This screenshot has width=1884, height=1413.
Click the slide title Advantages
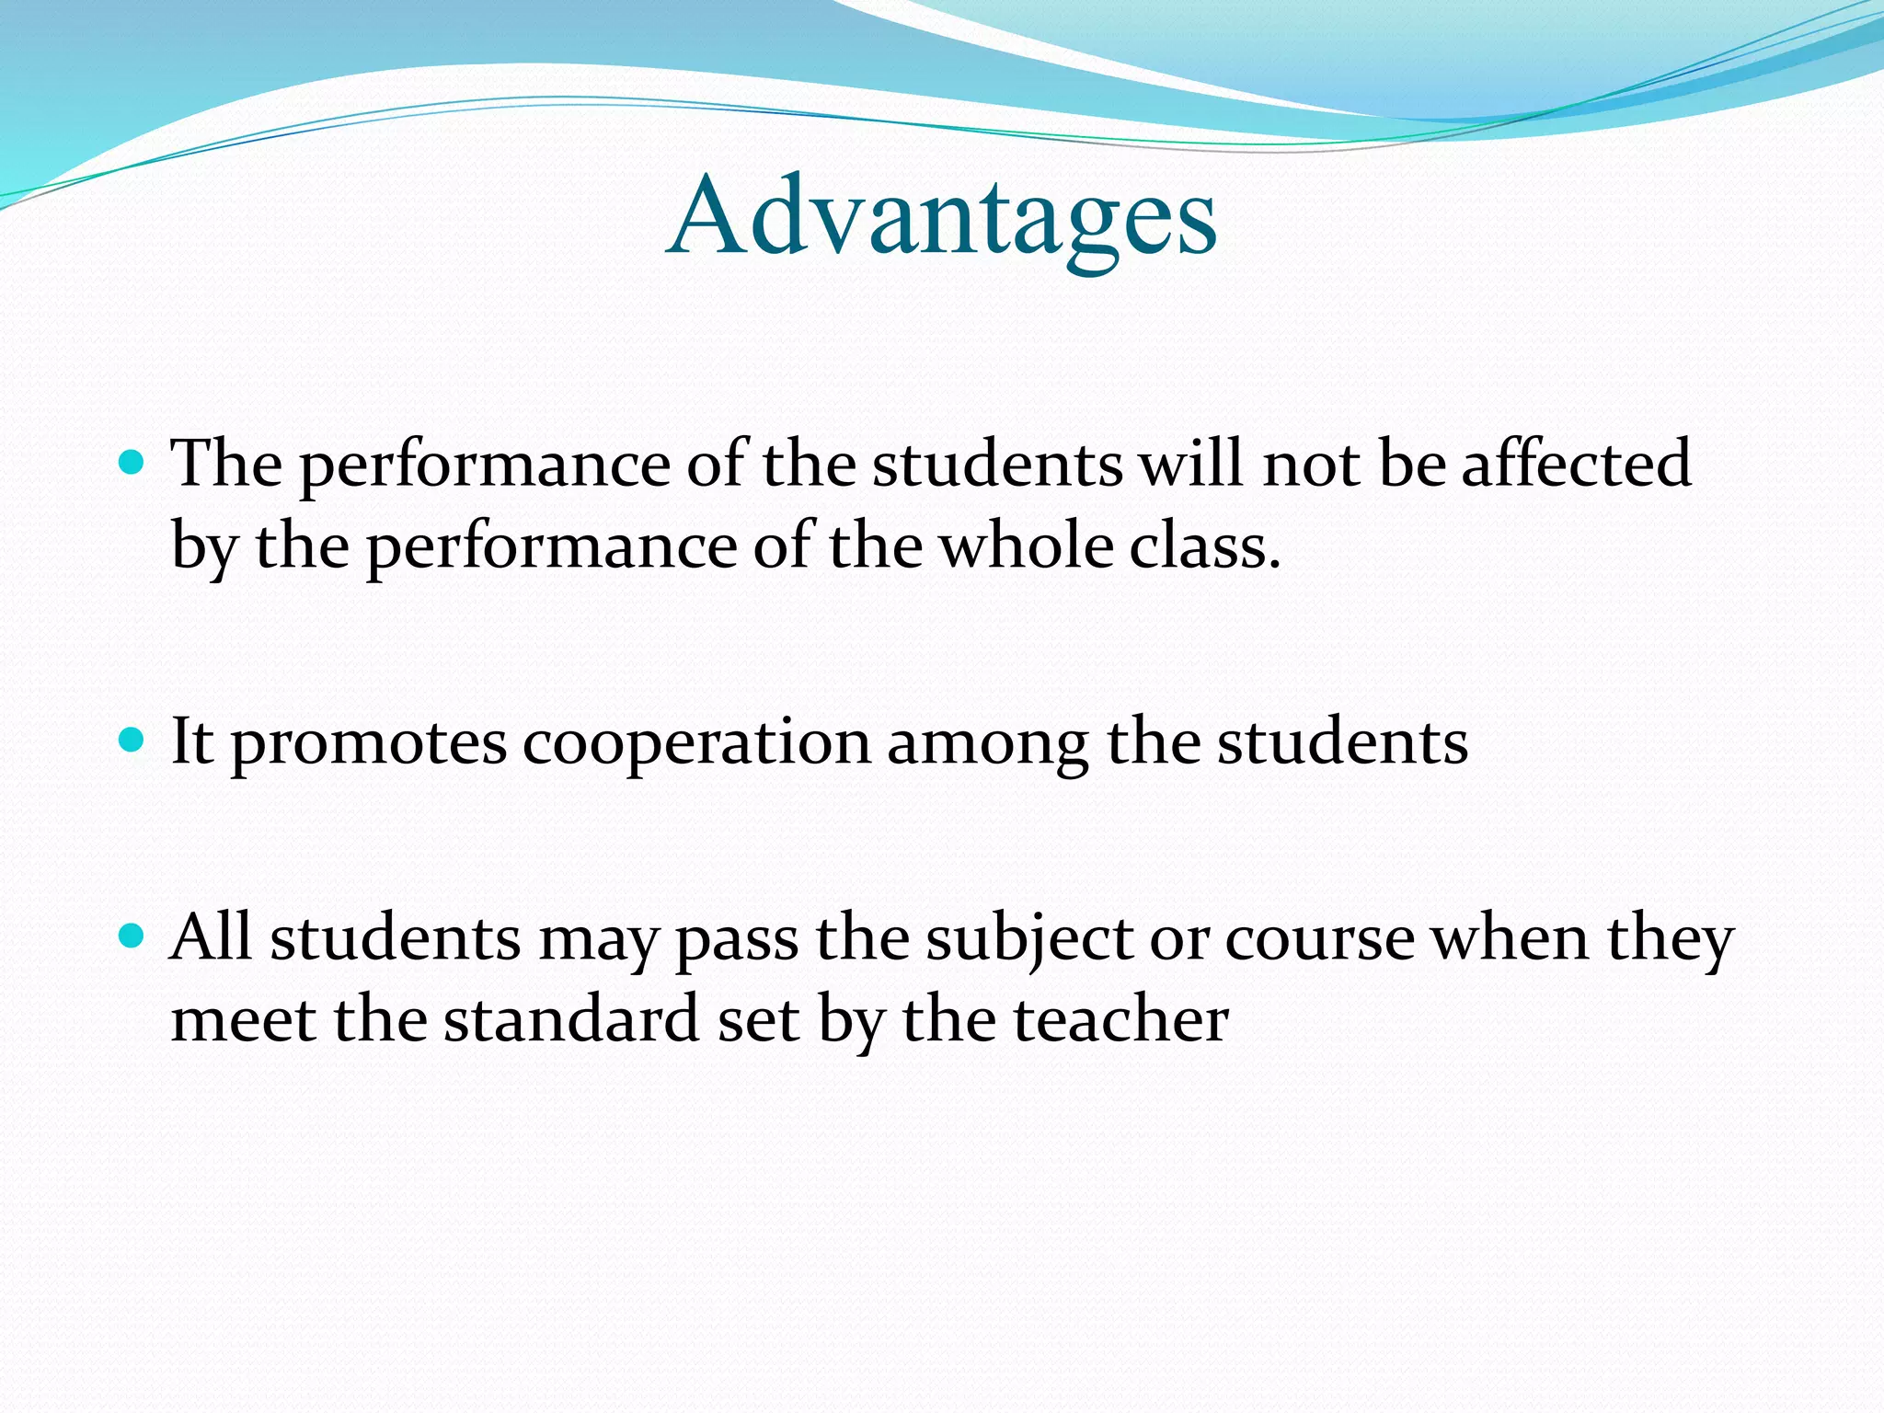click(942, 217)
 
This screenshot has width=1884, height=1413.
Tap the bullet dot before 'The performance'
click(132, 462)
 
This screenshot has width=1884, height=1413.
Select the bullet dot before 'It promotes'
click(132, 740)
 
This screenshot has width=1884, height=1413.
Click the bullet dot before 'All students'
click(132, 937)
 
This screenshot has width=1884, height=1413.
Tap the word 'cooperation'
click(696, 743)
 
